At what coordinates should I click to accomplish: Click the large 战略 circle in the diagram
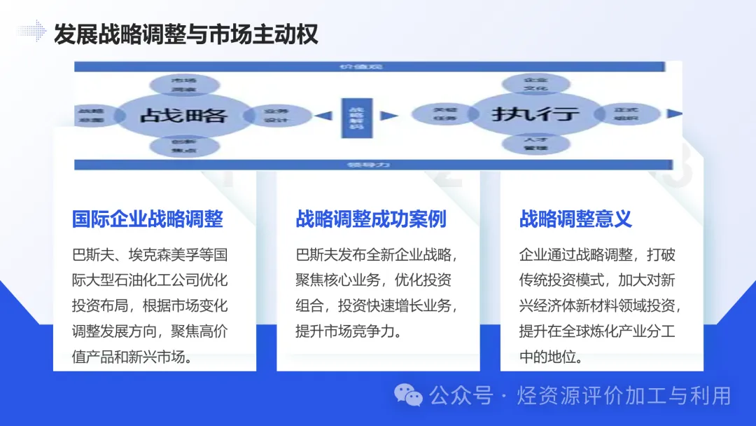(183, 115)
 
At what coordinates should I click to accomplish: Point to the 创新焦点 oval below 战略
(183, 146)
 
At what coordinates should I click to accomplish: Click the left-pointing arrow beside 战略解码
(323, 116)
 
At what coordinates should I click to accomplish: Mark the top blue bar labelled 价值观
(369, 67)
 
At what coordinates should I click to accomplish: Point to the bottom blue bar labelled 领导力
(369, 165)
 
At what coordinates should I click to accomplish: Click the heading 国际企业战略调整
(148, 219)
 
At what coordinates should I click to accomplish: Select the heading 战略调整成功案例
(371, 219)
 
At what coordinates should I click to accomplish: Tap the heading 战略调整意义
(575, 219)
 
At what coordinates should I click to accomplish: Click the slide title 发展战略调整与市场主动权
(186, 34)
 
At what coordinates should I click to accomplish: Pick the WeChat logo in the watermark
(408, 396)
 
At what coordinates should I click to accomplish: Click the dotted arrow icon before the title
(32, 31)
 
